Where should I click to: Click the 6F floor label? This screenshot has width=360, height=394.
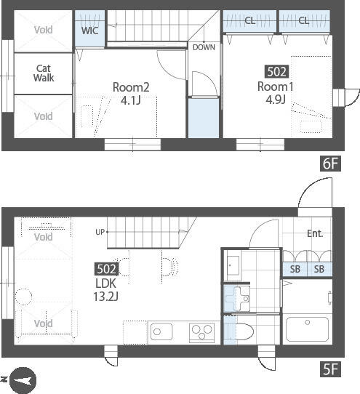click(330, 164)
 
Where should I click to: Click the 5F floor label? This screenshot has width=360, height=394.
click(330, 369)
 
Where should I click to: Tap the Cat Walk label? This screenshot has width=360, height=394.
click(44, 73)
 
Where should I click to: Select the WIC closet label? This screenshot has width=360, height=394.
click(89, 31)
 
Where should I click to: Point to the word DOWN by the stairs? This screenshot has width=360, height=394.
click(204, 47)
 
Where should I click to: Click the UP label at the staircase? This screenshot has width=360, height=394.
click(100, 232)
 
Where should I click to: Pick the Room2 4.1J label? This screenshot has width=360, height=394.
click(131, 94)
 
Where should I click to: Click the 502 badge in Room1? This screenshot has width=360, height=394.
click(276, 72)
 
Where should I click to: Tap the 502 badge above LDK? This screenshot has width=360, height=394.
click(106, 269)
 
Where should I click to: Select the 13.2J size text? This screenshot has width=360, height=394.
click(106, 297)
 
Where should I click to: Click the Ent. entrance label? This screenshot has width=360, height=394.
click(315, 233)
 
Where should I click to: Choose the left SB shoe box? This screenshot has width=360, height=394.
click(295, 269)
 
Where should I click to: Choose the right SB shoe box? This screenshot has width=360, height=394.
click(319, 269)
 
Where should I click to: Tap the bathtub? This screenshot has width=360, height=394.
click(307, 329)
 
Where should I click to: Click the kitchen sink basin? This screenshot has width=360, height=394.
click(161, 332)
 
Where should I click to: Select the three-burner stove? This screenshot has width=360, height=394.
click(202, 333)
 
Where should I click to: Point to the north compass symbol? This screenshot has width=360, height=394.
click(23, 381)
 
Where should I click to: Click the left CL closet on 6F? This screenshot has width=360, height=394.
click(249, 21)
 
